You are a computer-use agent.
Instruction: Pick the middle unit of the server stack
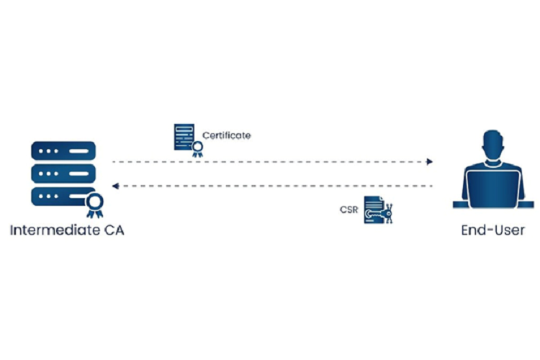63,174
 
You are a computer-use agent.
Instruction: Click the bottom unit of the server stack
58,196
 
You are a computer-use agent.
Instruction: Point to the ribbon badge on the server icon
94,204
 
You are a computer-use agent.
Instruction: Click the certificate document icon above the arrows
184,137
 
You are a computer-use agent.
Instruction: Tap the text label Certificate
226,135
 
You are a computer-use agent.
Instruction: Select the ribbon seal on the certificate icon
196,149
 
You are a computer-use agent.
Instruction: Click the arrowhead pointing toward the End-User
429,161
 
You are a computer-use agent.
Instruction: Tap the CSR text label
349,210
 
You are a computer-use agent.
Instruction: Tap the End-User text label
492,231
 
